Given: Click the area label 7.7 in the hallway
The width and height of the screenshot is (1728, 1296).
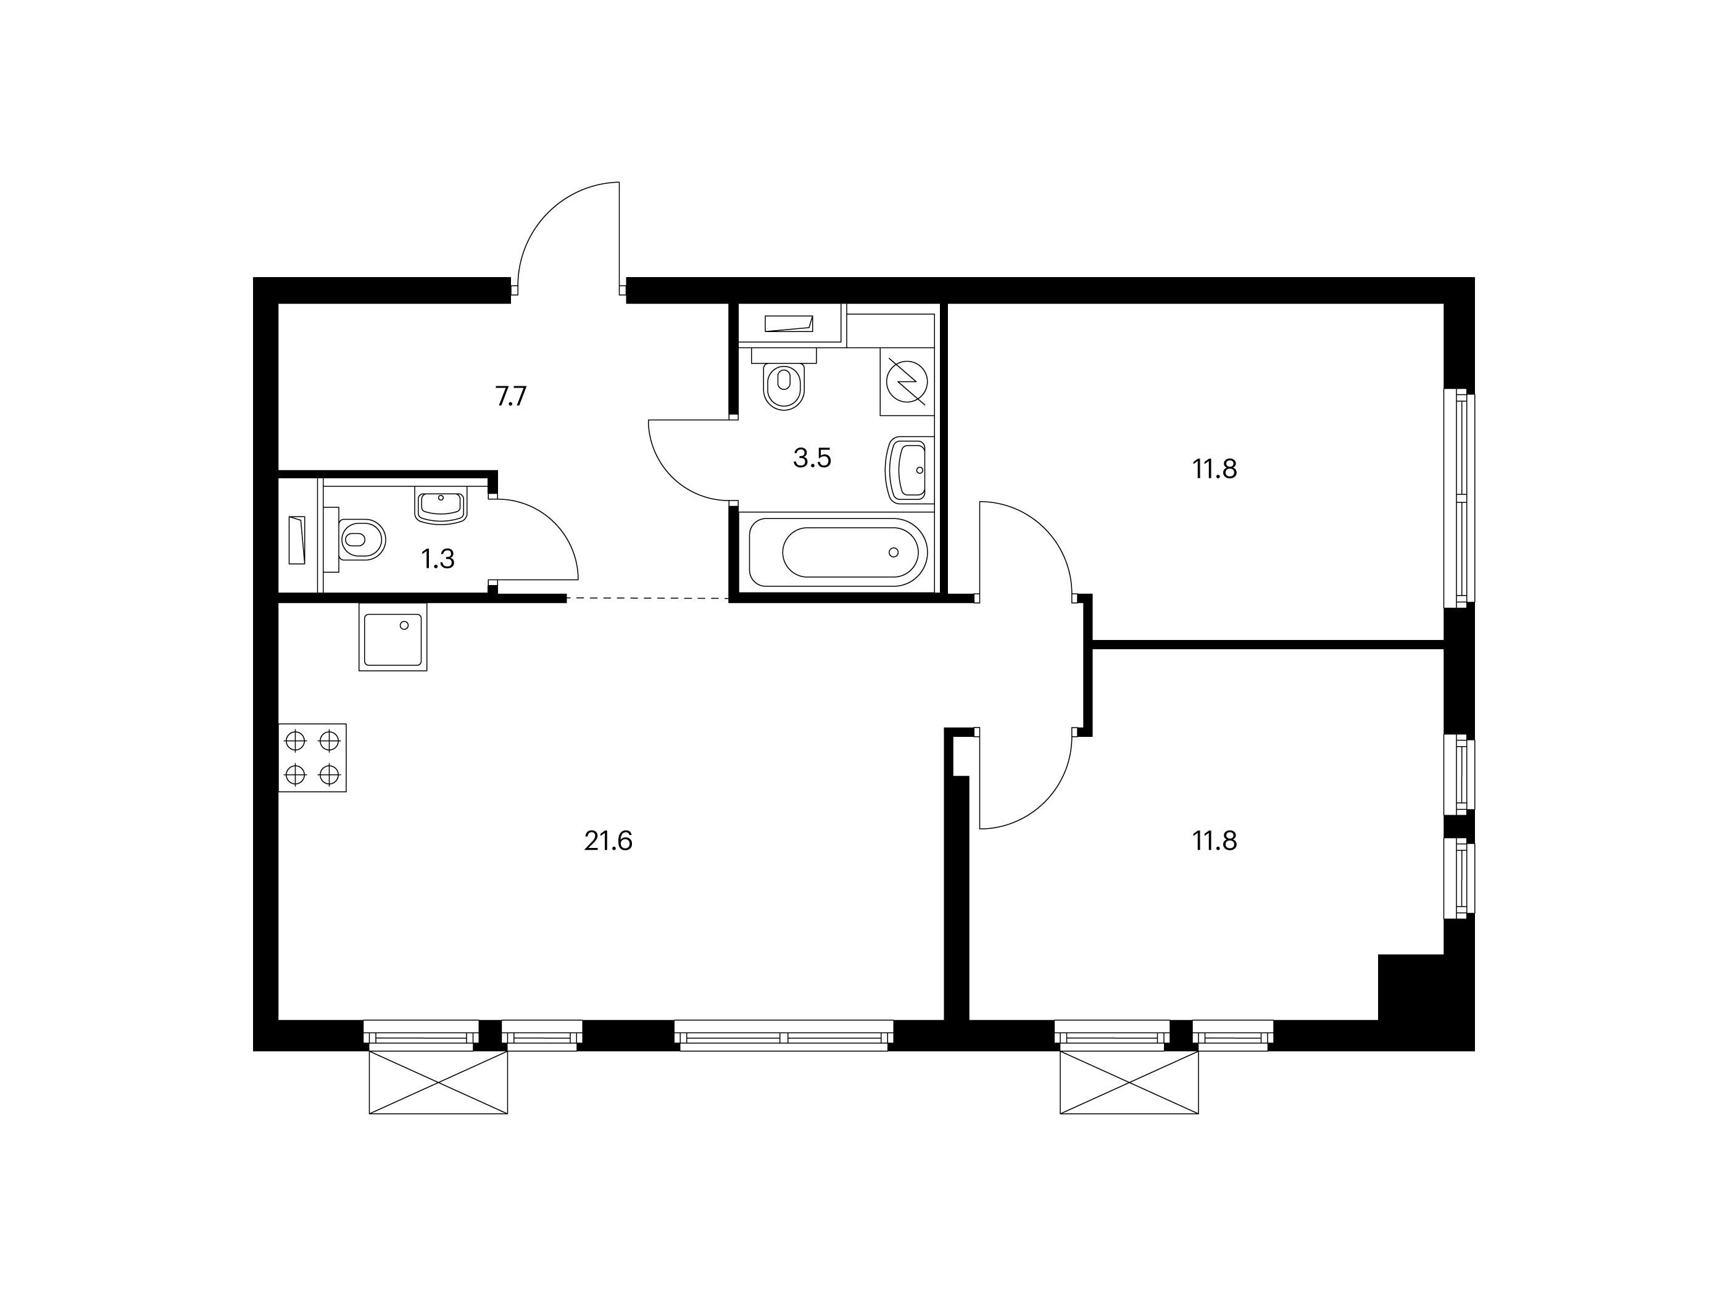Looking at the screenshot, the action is [511, 397].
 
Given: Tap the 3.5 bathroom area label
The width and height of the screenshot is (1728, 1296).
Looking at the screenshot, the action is [812, 459].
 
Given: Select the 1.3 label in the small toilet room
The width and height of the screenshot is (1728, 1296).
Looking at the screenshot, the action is [438, 559].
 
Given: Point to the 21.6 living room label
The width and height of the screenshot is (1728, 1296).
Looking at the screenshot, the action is [608, 841].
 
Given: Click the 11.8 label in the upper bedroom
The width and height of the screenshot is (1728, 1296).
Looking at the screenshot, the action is [1215, 470].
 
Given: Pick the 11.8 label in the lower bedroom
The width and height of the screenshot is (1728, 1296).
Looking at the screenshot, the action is [1215, 841].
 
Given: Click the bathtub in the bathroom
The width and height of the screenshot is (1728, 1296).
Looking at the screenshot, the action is [838, 553].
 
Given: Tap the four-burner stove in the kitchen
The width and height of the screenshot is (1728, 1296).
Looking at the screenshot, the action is [312, 758].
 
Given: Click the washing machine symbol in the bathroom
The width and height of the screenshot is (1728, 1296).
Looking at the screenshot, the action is [907, 381].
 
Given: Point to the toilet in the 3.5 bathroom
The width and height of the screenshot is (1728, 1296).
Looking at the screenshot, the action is [784, 380].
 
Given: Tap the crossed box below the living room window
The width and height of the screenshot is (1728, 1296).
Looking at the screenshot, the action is [438, 1082].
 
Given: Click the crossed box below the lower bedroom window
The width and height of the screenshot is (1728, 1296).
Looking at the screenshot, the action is [1129, 1082].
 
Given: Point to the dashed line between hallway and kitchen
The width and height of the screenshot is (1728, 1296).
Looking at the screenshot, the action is [647, 599].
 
